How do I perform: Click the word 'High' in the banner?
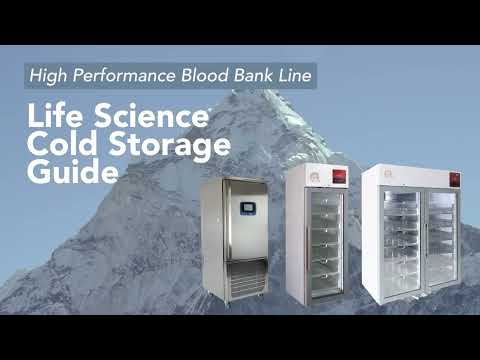pos(47,75)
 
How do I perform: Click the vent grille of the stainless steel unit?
pos(245,289)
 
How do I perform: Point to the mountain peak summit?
pos(238,96)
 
